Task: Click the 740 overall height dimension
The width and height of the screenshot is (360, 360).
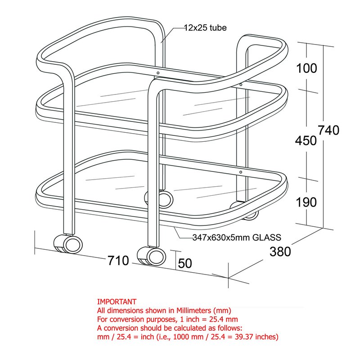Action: tap(328, 130)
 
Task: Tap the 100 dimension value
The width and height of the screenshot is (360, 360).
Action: tap(306, 68)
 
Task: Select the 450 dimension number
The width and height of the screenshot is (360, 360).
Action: tap(306, 140)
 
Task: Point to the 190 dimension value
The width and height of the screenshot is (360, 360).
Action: tap(306, 202)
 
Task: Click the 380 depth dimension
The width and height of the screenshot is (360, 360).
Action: tap(280, 252)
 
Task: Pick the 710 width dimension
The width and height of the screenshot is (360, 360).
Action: tap(118, 261)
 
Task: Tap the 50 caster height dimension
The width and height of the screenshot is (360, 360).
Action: tap(185, 263)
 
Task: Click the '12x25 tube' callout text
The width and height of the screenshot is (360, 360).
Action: tap(205, 28)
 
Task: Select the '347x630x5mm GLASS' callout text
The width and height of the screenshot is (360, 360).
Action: tap(237, 238)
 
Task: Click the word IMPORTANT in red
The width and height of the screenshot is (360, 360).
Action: tap(117, 301)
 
